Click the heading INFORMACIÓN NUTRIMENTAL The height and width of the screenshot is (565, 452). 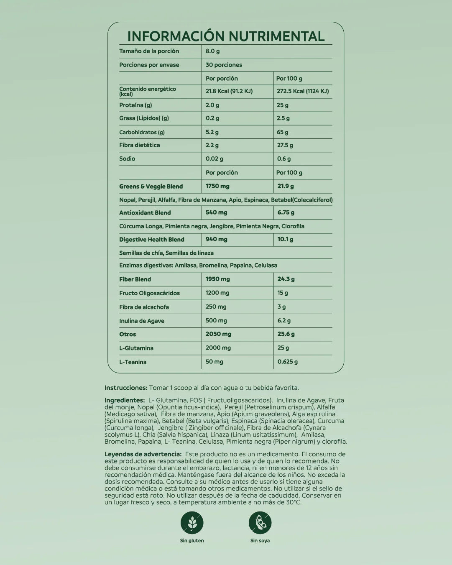coord(226,36)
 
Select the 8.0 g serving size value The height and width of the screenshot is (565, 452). coord(213,51)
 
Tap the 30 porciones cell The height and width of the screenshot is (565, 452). coord(224,65)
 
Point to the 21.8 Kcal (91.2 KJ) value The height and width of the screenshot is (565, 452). coord(229,91)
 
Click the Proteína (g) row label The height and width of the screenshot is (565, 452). coord(135,105)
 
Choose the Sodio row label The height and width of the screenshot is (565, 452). coord(127,159)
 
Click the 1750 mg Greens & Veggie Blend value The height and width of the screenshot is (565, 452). coord(217,186)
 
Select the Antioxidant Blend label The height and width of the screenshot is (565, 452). coord(145,212)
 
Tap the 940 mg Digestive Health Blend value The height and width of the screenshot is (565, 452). coord(217,239)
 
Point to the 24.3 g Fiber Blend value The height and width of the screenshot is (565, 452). coord(286,279)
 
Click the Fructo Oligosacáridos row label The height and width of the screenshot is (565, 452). coord(149,293)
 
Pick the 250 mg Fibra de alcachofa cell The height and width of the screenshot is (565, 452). coord(216,307)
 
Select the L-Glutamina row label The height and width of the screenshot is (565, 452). coord(136,348)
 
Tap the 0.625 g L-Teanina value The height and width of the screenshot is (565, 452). coord(288,362)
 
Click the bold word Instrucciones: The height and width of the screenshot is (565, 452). coord(126,388)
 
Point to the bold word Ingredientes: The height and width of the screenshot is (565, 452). coord(125,400)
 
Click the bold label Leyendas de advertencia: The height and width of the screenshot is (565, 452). coord(143,454)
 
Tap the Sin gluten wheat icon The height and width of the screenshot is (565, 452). coord(192,523)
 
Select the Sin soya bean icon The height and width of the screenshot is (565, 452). coord(260,523)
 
